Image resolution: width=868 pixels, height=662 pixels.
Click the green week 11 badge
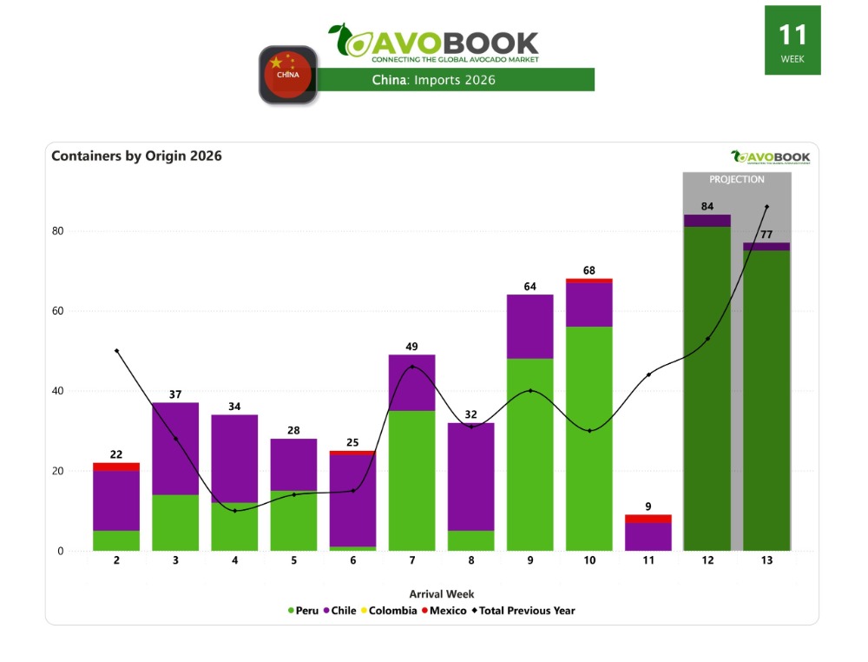click(792, 40)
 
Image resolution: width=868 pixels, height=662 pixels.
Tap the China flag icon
click(288, 75)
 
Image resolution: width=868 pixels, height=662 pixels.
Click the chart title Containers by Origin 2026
click(136, 156)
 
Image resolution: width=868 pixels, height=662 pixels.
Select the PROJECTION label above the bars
click(737, 180)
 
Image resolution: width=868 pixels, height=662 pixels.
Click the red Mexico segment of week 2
click(116, 467)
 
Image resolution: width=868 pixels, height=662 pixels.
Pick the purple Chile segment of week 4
click(234, 459)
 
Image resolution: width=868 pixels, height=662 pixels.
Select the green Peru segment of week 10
click(589, 438)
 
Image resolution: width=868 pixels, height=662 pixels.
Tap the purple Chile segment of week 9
click(530, 327)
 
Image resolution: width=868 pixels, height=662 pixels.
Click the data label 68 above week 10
click(589, 268)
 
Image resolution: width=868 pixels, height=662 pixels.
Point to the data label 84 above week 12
click(707, 206)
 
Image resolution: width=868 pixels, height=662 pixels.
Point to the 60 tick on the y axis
click(59, 311)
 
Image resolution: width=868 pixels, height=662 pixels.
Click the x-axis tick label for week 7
click(411, 561)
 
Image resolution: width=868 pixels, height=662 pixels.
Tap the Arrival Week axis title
click(442, 594)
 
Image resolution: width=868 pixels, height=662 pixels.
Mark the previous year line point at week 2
click(116, 351)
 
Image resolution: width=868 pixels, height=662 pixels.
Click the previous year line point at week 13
click(766, 207)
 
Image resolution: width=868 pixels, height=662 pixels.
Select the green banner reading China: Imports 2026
click(455, 80)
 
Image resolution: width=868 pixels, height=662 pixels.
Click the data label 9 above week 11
click(648, 506)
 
